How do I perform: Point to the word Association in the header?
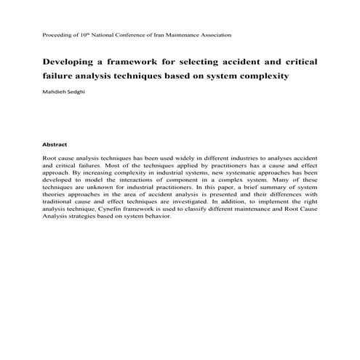tap(215, 34)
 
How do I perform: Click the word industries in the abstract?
tap(239, 157)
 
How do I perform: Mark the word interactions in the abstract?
tap(151, 179)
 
